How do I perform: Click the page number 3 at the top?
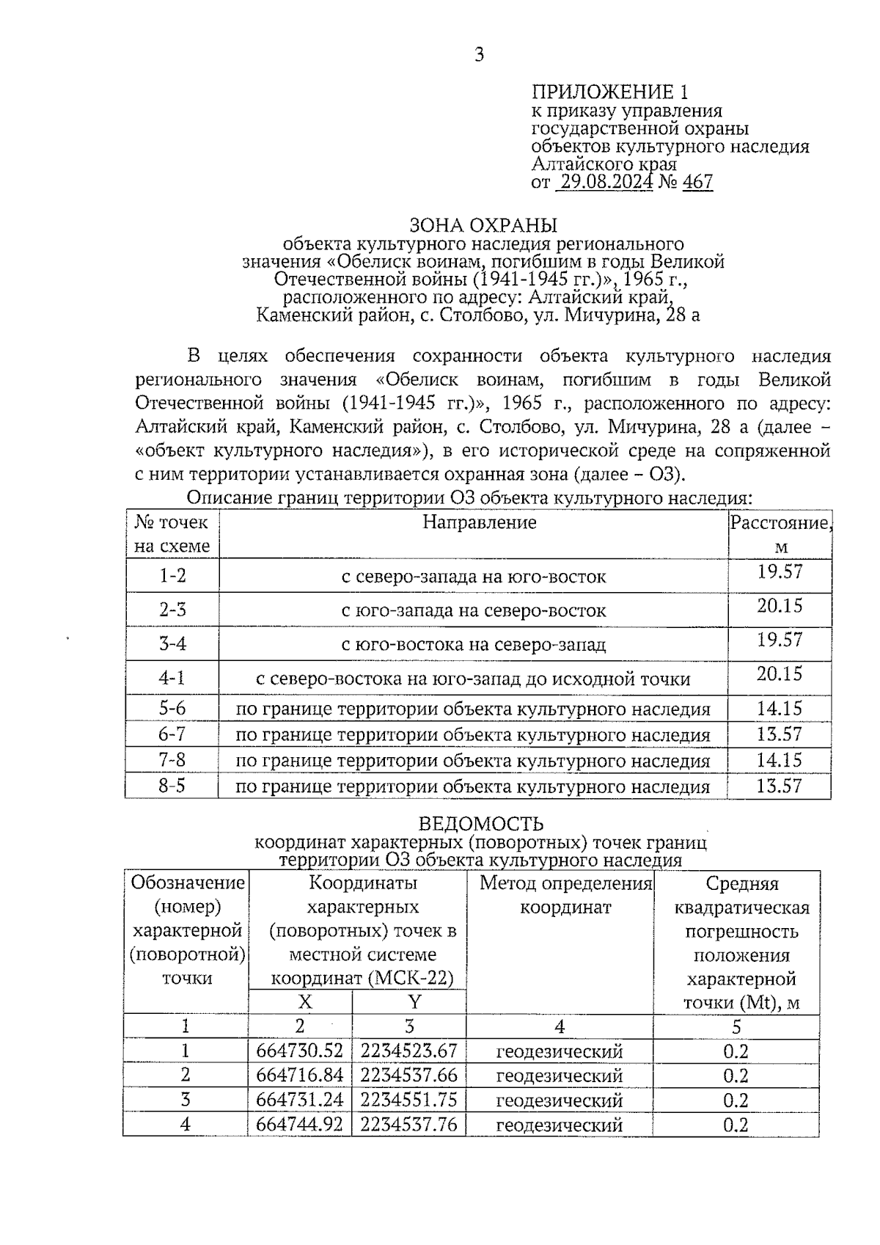(479, 55)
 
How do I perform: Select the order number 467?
(697, 182)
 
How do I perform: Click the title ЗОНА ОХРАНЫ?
(483, 224)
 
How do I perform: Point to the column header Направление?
(480, 522)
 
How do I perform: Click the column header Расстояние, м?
(780, 534)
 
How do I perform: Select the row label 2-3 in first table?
(173, 610)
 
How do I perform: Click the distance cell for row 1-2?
(780, 572)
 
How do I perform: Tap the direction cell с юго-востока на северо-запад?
(474, 645)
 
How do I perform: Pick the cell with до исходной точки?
(473, 679)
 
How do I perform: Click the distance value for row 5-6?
(780, 709)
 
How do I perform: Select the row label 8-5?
(172, 786)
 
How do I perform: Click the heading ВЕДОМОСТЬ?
(480, 824)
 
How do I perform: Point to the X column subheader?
(304, 1002)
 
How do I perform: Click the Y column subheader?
(414, 1002)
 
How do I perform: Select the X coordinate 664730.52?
(299, 1051)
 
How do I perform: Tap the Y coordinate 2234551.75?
(408, 1100)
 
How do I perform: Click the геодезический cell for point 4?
(560, 1125)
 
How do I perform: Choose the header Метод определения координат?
(565, 895)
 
